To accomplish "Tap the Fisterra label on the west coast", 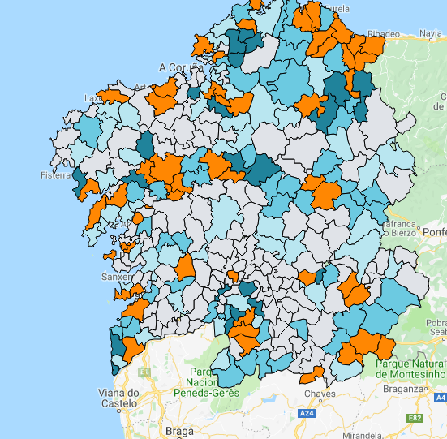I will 56,174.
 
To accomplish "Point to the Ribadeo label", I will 385,33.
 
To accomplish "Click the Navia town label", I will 430,33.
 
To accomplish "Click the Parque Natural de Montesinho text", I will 410,369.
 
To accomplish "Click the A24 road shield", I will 306,414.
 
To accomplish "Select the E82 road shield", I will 415,418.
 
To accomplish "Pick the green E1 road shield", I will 144,372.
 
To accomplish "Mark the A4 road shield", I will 441,398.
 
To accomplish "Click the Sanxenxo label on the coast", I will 116,276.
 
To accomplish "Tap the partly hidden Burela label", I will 339,9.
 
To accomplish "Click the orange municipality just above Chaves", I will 312,375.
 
